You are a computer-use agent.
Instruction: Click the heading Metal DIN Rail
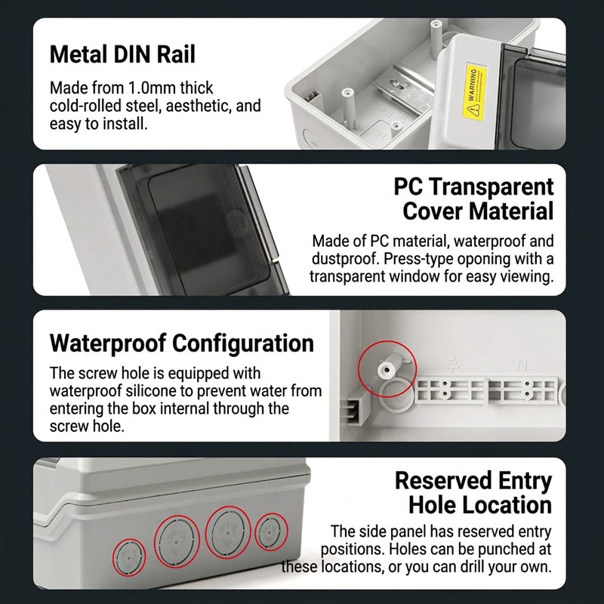(122, 54)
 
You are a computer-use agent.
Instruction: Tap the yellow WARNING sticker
(474, 91)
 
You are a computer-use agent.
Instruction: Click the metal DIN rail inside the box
(401, 87)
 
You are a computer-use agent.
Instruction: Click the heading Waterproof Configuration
(181, 344)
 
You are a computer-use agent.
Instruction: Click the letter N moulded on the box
(521, 365)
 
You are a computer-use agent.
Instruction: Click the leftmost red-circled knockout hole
(128, 556)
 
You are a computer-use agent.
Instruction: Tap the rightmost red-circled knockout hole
(271, 532)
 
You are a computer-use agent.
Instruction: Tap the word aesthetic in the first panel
(199, 106)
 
